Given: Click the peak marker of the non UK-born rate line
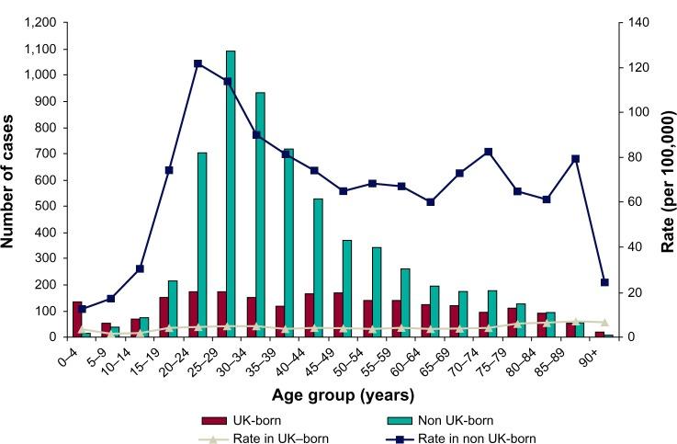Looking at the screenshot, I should [198, 63].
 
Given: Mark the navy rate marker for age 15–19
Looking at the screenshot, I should [169, 170].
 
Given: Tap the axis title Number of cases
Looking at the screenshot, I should [11, 179].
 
